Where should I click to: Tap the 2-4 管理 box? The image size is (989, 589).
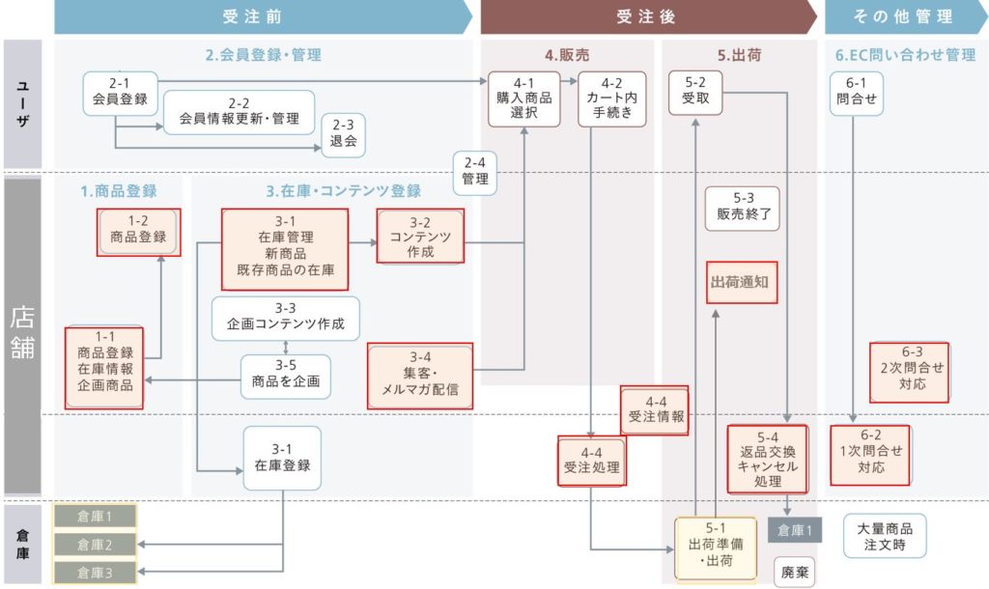click(475, 171)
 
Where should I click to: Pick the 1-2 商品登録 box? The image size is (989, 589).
click(138, 232)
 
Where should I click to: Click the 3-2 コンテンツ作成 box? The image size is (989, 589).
click(421, 237)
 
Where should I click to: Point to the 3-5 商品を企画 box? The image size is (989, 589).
click(285, 374)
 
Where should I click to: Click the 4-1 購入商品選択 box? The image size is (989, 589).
click(523, 98)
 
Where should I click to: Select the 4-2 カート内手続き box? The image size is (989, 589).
click(611, 98)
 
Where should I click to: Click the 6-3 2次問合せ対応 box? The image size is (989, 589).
click(909, 373)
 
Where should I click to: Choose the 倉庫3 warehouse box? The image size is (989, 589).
click(95, 573)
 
